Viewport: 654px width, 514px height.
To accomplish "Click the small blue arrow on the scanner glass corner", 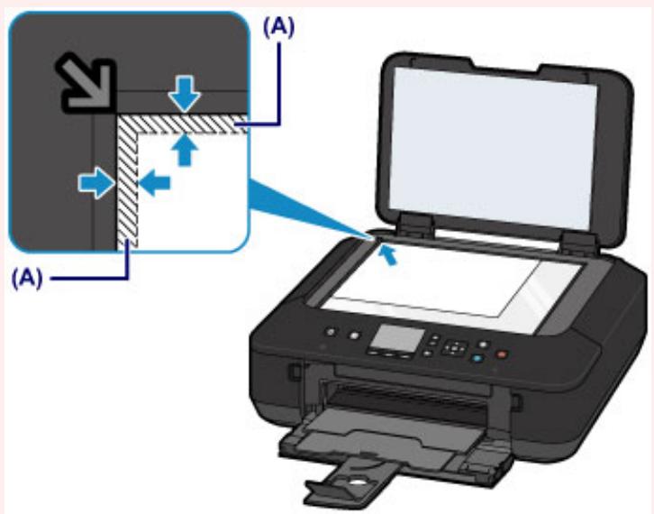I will point(387,256).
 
